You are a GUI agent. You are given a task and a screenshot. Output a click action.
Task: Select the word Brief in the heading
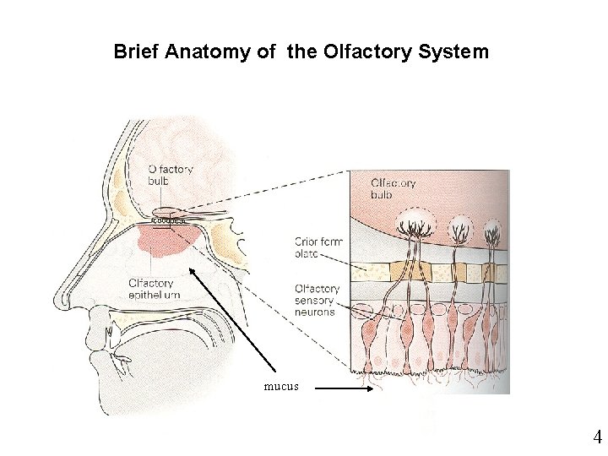click(137, 52)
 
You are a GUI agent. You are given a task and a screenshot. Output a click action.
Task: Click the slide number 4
click(597, 437)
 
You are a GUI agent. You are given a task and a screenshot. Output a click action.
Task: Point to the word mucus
click(281, 388)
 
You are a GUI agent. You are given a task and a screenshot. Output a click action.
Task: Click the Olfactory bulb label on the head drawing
click(170, 175)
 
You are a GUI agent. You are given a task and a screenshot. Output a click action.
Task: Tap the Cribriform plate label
click(320, 248)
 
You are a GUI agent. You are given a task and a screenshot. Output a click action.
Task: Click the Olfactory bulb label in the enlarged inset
click(394, 189)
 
